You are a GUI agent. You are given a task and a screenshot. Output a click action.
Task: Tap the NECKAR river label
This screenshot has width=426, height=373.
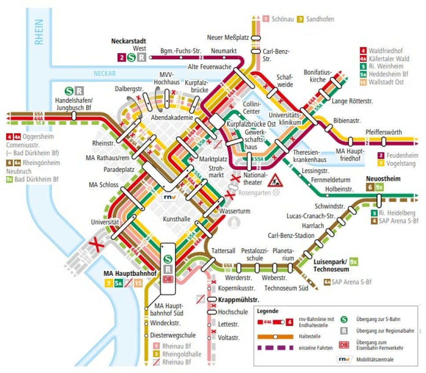point(105,73)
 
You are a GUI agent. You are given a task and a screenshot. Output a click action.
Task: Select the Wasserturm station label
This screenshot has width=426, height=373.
point(235,211)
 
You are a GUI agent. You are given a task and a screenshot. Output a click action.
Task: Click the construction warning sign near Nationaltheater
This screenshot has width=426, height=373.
point(276,179)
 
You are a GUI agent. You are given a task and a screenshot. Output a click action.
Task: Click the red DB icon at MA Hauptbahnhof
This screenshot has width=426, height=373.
point(168,279)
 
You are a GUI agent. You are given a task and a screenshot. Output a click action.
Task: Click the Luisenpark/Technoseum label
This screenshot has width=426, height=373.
point(331,265)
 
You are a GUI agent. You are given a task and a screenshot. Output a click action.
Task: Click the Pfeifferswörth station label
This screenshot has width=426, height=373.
point(384,132)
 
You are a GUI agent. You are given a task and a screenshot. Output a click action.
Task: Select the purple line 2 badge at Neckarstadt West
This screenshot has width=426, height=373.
point(121,57)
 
